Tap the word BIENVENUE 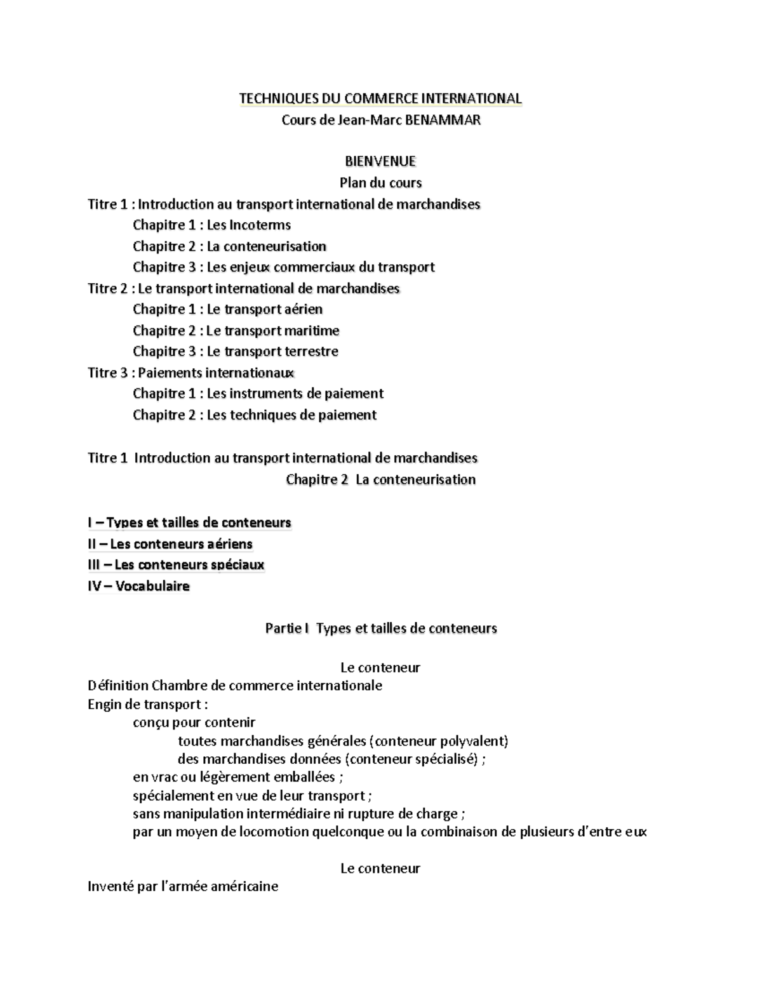coord(380,161)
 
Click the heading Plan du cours coord(380,183)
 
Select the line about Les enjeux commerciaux coord(283,267)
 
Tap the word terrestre coord(311,351)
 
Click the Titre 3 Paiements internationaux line coord(190,373)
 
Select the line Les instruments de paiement coord(258,394)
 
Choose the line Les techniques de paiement coord(254,415)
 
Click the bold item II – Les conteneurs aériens coord(170,543)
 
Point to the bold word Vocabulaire coord(152,586)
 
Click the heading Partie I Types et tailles coord(380,628)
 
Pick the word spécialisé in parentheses coord(444,759)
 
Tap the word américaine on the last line coord(244,886)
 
